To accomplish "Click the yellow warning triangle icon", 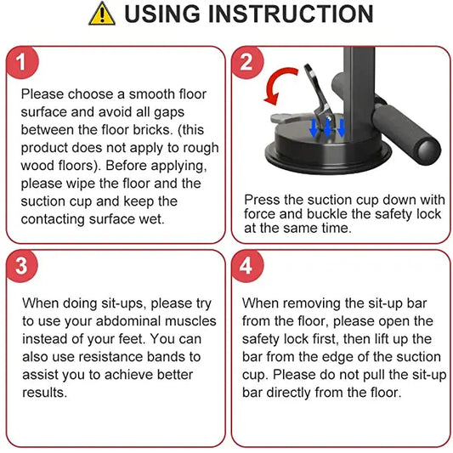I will [x=101, y=14].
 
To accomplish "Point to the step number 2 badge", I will [x=247, y=62].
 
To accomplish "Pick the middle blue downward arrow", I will [x=328, y=128].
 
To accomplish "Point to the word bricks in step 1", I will [x=170, y=130].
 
